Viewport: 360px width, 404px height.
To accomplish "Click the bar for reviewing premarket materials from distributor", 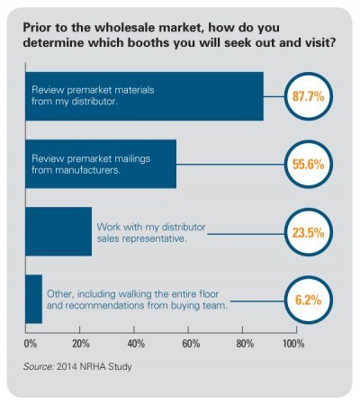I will click(144, 95).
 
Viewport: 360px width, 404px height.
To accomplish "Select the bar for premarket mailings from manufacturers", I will click(100, 164).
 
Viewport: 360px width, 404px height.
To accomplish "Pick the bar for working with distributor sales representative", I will click(58, 231).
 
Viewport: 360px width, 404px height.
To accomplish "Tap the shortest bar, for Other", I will click(34, 299).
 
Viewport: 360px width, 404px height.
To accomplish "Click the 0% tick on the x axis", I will click(30, 344).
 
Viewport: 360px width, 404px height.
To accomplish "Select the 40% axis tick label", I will click(137, 344).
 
